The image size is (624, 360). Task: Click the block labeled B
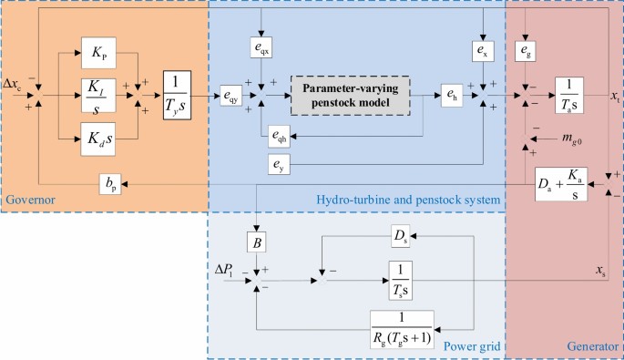tap(259, 242)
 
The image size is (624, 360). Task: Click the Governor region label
tap(29, 199)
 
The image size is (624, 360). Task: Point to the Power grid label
tap(471, 346)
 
